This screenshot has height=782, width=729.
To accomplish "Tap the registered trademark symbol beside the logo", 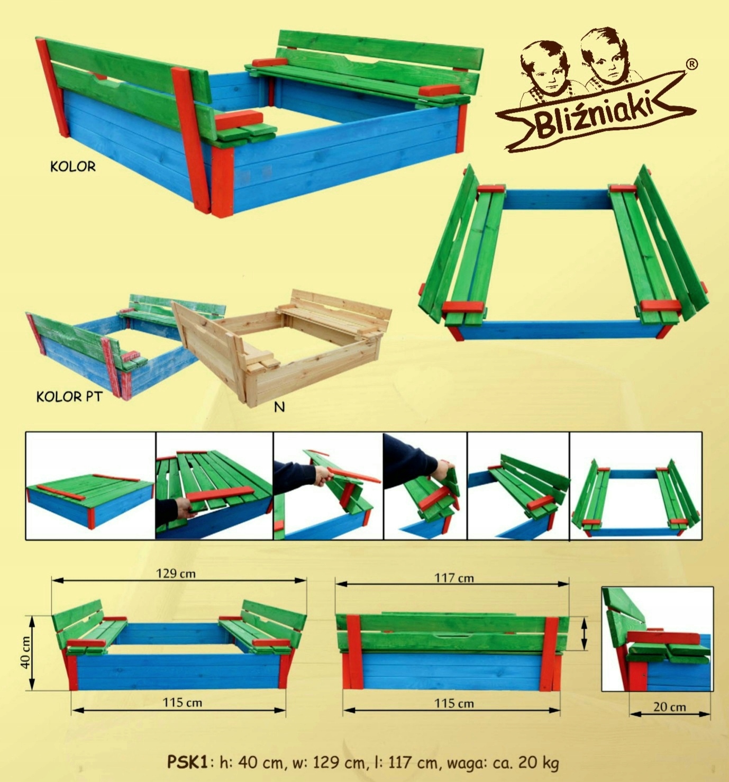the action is click(x=691, y=64).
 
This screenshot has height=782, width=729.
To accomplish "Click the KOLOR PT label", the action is click(x=70, y=396).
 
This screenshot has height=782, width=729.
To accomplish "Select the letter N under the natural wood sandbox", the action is click(x=279, y=407).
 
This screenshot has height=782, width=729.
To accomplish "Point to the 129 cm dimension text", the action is click(x=176, y=573).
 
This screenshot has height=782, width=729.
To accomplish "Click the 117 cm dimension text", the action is click(x=454, y=578).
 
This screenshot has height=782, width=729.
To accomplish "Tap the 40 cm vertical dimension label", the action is click(x=25, y=652).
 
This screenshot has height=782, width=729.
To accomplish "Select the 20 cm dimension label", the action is click(x=670, y=707).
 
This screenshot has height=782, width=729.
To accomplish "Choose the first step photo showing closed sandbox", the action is click(x=90, y=486).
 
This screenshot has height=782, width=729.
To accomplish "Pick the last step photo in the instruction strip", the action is click(x=636, y=486).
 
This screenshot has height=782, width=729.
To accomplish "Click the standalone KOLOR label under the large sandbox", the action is click(x=73, y=167).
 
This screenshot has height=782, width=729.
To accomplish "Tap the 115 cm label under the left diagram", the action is click(x=183, y=702).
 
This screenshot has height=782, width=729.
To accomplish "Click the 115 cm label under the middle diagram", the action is click(x=454, y=703).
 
